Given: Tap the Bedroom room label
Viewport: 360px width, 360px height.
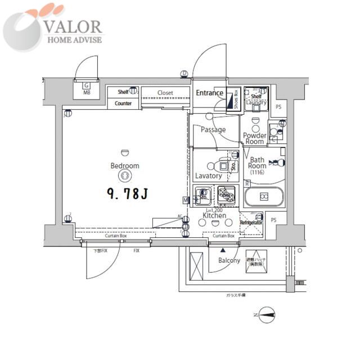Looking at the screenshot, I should coord(124,166).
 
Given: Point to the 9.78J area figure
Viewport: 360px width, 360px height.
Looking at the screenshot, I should coord(127,194).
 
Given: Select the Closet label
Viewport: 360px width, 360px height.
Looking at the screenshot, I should coord(165,93).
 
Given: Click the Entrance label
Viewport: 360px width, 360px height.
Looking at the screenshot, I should coord(210,93).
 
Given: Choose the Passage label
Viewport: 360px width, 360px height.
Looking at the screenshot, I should coord(213,129).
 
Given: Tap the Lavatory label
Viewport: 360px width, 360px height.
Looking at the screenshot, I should coord(208,175).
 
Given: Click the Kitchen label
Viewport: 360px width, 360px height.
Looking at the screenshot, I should coord(214,215).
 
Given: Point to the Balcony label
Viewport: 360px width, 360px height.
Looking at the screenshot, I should coord(229,260).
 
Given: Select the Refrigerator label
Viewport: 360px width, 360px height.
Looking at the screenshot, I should coord(251,223).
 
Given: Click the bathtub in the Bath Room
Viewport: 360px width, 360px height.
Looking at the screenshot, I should coord(264,197).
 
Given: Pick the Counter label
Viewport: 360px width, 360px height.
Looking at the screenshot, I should coord(123,103).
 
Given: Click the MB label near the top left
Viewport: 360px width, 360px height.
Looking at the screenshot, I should coord(87,92).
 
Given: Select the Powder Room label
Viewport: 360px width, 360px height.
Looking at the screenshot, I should coord(254,138).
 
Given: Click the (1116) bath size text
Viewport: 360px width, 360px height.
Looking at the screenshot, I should coord(257,173).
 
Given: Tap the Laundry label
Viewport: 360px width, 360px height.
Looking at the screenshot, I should coord(256,102).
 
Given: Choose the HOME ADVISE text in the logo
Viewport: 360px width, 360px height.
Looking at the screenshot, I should coord(74,39).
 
